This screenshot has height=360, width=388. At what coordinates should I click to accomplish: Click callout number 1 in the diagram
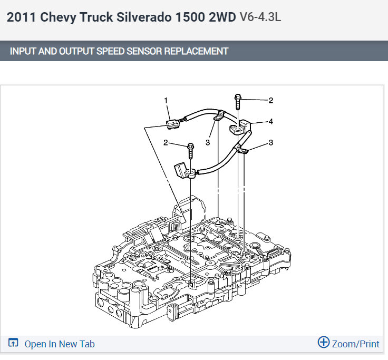pos(166,101)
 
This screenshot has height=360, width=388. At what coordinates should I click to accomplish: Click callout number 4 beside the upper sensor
pos(271,121)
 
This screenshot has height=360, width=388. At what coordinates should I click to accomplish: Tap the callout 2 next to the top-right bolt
pos(271,101)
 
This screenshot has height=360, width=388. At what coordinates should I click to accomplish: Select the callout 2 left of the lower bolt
pos(166,142)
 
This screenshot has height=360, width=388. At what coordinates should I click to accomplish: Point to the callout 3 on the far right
pos(271,142)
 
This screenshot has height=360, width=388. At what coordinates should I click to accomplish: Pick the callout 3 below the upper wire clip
pos(208,142)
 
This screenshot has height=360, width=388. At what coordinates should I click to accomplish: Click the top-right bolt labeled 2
pos(238,102)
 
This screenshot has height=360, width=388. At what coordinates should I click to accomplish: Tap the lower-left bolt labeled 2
pos(191,151)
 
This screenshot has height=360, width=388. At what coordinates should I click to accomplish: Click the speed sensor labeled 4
pos(240,127)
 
